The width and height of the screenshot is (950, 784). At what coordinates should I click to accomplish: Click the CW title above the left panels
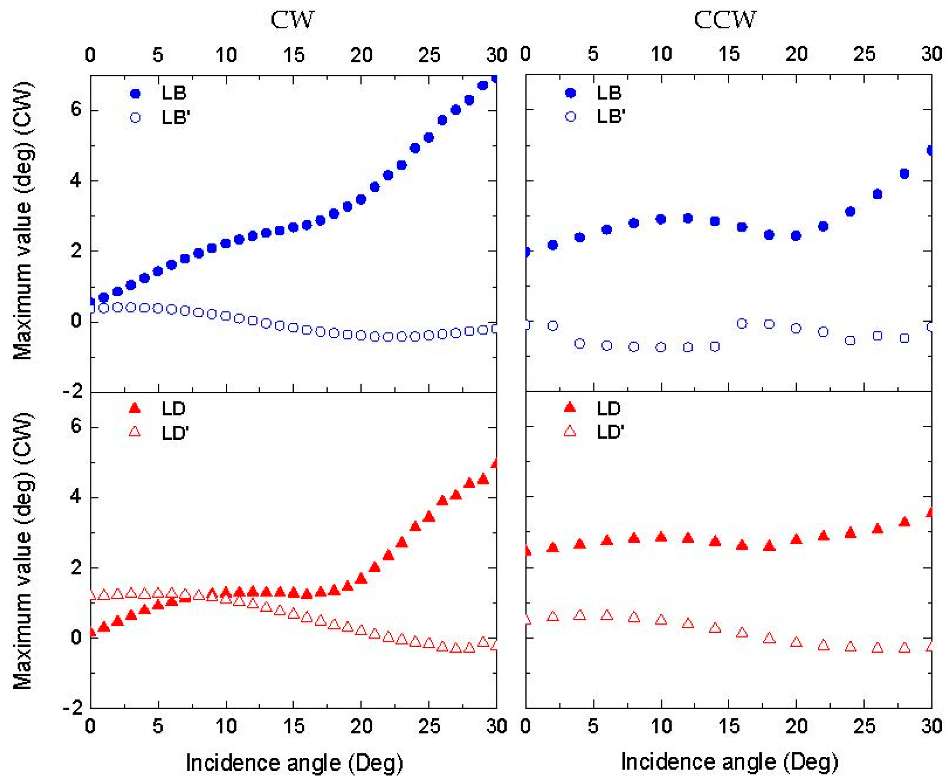(292, 20)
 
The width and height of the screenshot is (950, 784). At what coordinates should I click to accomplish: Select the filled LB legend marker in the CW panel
(135, 94)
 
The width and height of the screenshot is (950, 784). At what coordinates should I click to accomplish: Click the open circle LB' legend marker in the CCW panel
(571, 117)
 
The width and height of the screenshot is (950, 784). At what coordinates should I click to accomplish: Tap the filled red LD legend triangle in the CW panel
(135, 409)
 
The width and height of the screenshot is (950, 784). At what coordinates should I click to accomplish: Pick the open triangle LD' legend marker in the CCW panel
(571, 432)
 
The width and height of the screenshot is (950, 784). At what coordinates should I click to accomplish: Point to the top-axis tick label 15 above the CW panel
(294, 55)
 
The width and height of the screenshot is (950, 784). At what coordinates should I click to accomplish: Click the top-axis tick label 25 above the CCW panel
(864, 54)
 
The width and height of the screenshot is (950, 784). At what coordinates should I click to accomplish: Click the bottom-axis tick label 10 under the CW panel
(226, 726)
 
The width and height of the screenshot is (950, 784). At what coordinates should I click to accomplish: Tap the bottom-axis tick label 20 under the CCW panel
(796, 726)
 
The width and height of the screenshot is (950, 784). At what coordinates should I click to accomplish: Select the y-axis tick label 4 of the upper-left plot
(75, 181)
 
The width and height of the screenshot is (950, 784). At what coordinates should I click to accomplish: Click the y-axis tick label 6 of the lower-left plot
(75, 427)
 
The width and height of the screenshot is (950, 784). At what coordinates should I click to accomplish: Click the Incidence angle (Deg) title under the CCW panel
(729, 762)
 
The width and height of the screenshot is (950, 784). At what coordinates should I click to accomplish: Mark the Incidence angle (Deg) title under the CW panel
(294, 763)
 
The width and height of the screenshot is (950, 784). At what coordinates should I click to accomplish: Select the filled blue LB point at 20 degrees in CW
(360, 199)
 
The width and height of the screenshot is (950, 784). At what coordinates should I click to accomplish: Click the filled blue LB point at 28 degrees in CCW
(904, 173)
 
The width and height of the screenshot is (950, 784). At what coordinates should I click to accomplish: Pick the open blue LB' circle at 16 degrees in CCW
(742, 323)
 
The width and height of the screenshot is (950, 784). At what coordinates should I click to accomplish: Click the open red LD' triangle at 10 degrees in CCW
(661, 619)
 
